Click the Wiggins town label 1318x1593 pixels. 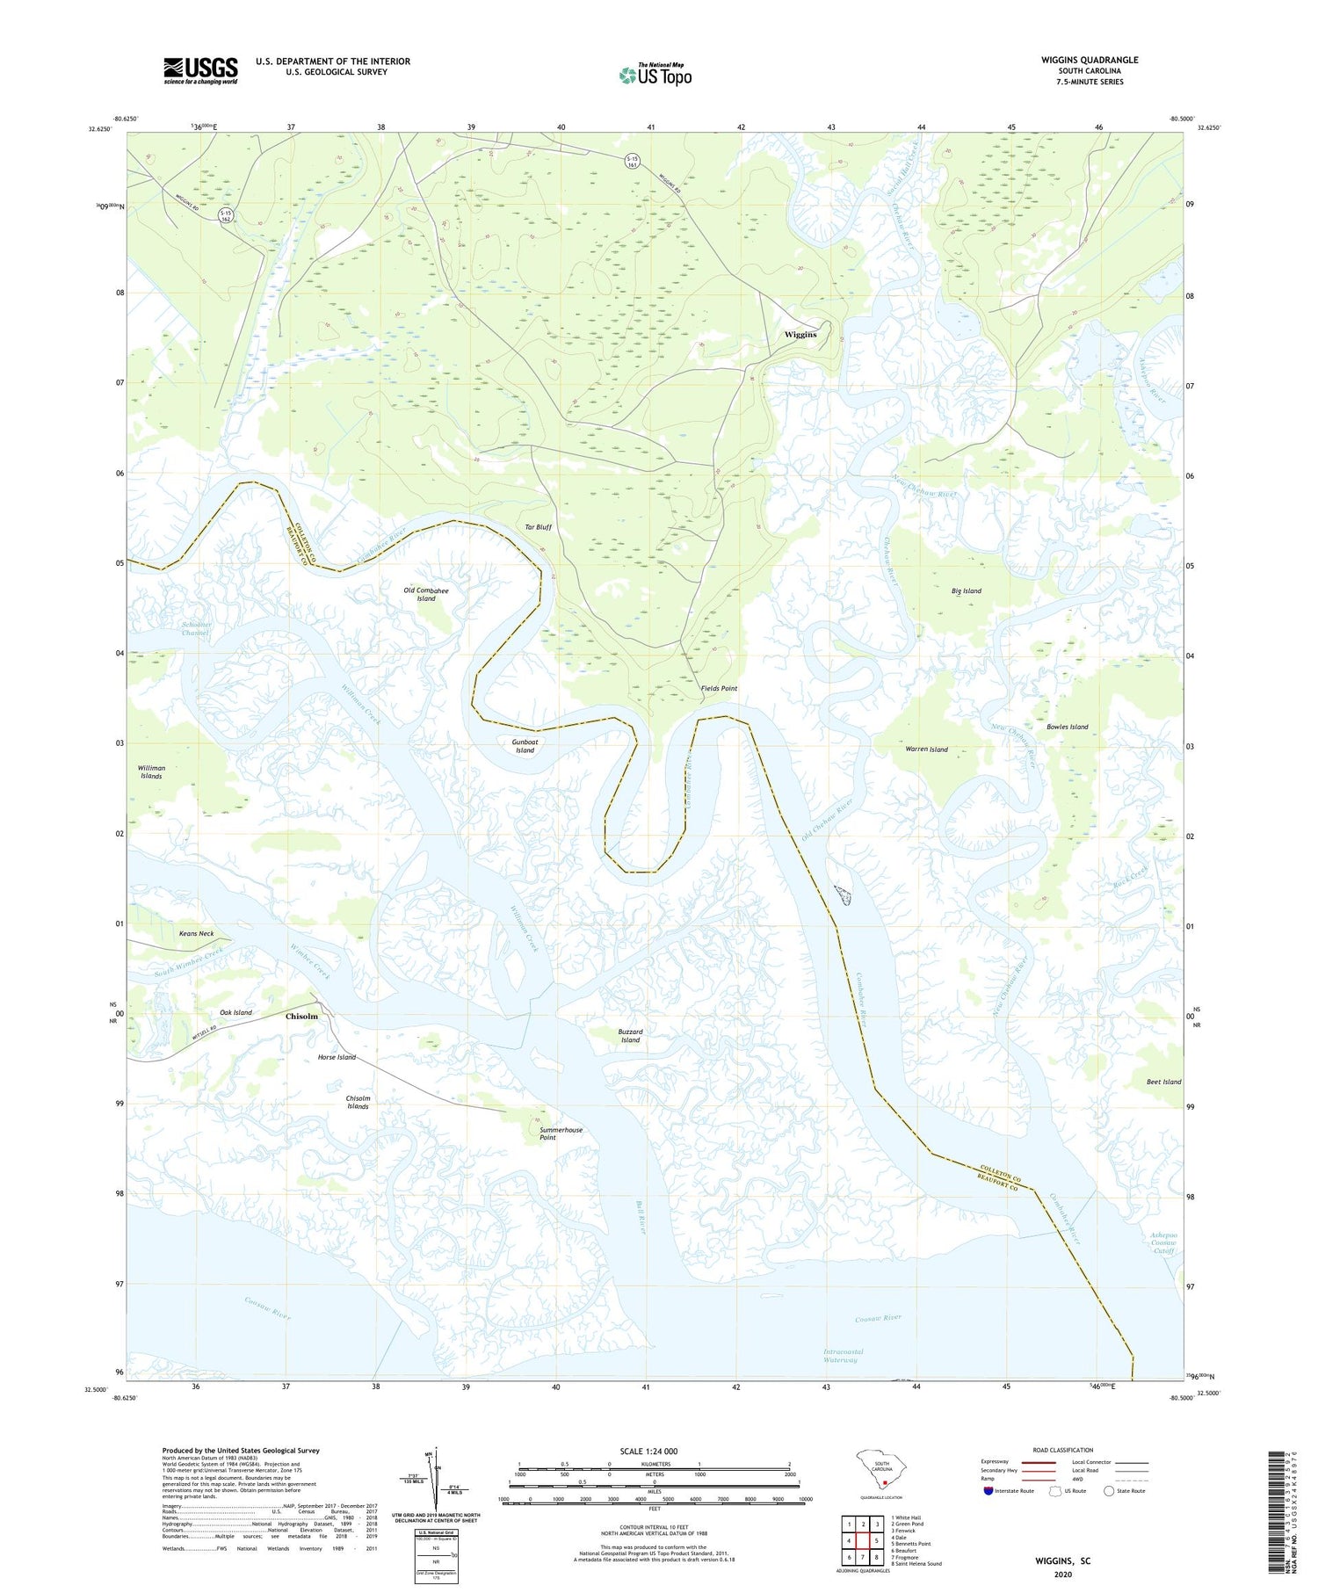point(800,334)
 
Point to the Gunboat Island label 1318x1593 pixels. point(525,746)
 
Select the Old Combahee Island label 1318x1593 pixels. point(426,594)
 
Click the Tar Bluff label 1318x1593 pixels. point(538,527)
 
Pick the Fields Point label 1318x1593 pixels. point(719,688)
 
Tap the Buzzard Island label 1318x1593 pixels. point(630,1036)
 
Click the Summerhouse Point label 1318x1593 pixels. point(561,1133)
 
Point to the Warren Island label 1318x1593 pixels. point(926,749)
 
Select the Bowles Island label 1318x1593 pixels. point(1067,727)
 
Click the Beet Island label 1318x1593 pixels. point(1163,1082)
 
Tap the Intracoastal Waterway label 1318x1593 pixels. point(843,1356)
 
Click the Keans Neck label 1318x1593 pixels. point(196,934)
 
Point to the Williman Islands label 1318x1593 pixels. point(151,772)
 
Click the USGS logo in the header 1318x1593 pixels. point(200,70)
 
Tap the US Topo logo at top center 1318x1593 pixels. point(655,76)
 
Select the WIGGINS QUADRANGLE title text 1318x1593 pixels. point(1089,60)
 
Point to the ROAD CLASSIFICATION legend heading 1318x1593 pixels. point(1062,1450)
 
